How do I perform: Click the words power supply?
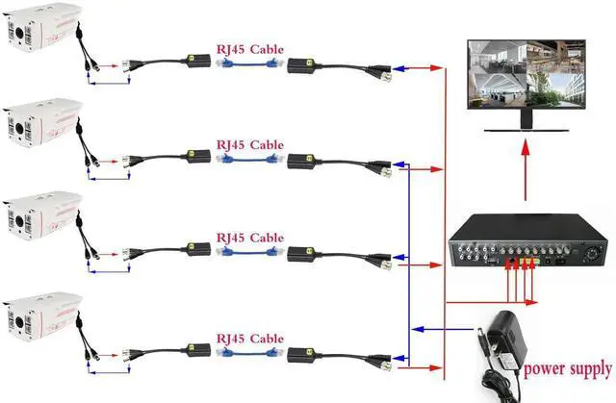[x=566, y=368]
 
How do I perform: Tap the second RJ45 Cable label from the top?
[x=249, y=144]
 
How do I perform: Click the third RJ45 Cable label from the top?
[x=249, y=237]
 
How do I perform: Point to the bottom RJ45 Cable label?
[x=249, y=339]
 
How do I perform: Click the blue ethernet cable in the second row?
[x=248, y=160]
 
